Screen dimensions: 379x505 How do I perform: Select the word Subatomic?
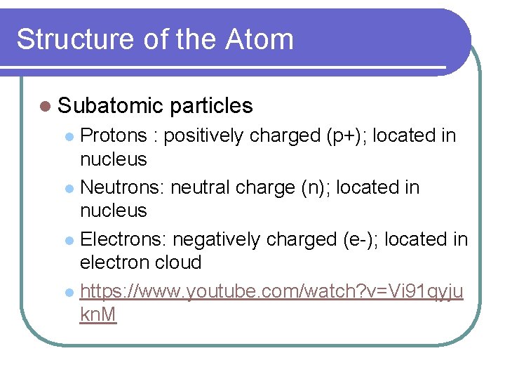click(110, 106)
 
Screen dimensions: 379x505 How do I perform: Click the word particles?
click(211, 106)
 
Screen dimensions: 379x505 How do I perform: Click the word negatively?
click(215, 240)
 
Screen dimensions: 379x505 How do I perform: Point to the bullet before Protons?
click(69, 136)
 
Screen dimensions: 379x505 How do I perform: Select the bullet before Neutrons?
click(69, 188)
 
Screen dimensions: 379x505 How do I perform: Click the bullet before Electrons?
click(69, 240)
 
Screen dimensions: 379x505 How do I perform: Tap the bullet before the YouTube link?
click(69, 292)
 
